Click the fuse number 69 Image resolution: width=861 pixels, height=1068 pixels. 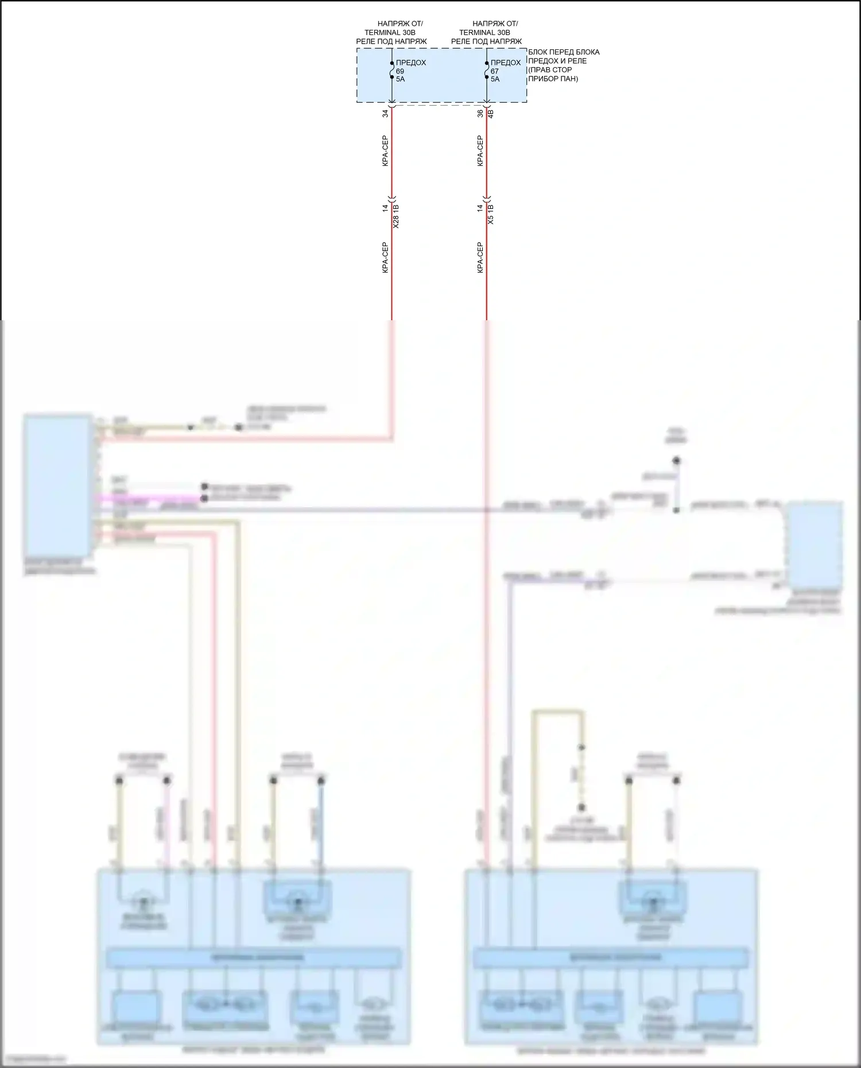400,71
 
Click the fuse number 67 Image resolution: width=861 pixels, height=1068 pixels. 495,71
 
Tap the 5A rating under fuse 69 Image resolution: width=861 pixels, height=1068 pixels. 401,79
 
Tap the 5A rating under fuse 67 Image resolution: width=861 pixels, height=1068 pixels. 495,79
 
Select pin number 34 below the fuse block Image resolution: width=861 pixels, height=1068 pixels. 386,114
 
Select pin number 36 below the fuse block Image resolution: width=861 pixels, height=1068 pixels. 480,114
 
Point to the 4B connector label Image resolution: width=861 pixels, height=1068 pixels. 491,114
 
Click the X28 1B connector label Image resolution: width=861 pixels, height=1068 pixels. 396,216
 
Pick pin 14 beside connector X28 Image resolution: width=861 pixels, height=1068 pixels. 386,208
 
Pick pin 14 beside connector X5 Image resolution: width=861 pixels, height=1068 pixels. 480,208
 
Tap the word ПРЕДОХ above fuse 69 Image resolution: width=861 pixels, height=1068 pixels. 411,63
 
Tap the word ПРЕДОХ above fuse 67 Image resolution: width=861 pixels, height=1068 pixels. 506,63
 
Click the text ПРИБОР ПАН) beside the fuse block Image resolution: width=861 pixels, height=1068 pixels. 553,79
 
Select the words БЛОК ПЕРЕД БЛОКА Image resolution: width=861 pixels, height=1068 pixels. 564,52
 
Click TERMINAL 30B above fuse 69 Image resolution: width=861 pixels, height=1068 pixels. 390,33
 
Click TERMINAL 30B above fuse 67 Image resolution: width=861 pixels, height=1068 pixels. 484,33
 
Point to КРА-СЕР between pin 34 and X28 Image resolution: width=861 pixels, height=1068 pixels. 386,151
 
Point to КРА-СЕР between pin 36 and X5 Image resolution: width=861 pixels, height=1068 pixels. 480,151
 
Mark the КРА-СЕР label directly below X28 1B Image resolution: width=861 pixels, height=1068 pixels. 386,257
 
